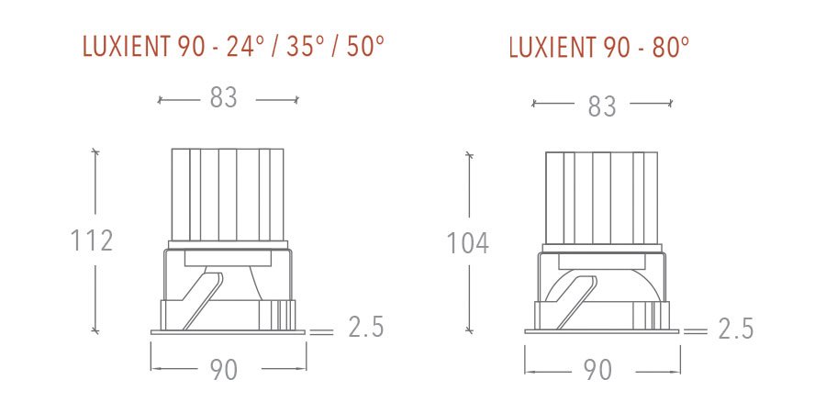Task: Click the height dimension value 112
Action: (92, 240)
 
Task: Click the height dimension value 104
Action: (467, 243)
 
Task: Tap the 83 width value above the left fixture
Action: (223, 98)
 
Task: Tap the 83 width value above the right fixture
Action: (602, 106)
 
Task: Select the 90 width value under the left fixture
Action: (223, 369)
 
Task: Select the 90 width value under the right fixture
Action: (597, 370)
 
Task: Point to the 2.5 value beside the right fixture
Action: (735, 329)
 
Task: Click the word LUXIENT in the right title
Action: (551, 48)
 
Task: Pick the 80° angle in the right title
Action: (671, 48)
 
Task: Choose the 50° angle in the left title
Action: (364, 48)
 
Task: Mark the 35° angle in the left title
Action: (302, 48)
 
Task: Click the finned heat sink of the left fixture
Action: (228, 194)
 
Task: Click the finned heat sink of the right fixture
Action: (602, 197)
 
